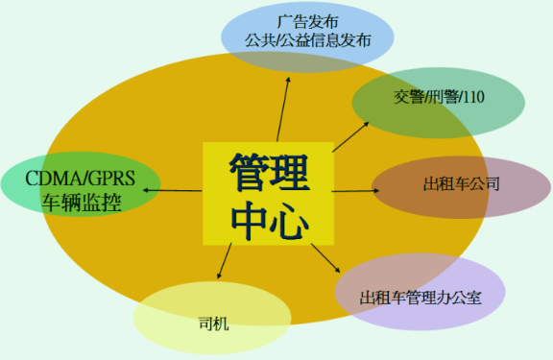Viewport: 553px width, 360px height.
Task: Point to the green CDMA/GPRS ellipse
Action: point(81,188)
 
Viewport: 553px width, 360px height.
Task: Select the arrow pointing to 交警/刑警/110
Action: point(350,135)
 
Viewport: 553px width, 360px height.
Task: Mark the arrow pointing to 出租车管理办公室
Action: point(327,260)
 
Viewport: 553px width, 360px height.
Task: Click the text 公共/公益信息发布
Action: point(307,41)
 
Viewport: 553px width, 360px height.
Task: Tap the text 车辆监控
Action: point(82,202)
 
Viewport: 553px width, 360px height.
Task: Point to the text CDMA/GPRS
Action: point(81,177)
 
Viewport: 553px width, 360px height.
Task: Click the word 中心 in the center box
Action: point(268,220)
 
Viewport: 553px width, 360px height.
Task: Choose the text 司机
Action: point(212,324)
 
